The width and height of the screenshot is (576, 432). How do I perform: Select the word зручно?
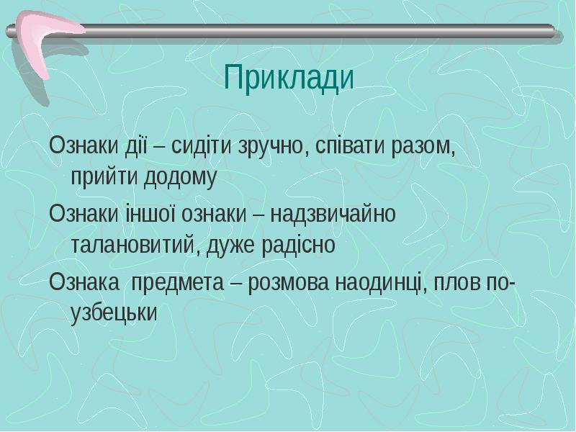pos(273,148)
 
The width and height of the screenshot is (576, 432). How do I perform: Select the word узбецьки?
pos(113,313)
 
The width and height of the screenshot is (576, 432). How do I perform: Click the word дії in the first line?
pos(135,148)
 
